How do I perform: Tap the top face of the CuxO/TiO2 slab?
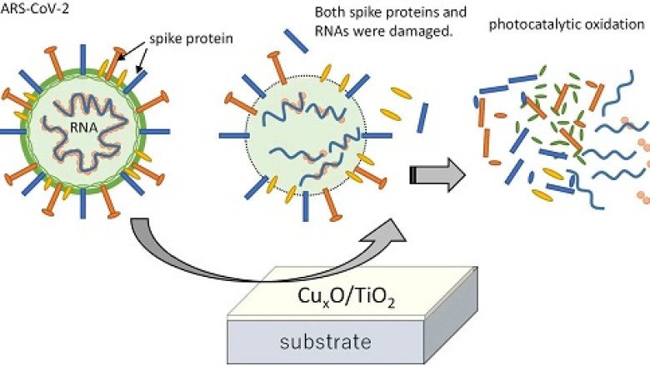[417, 288]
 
